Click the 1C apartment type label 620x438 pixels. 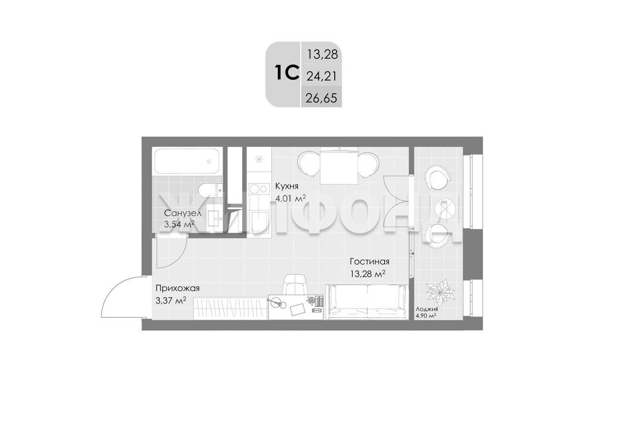coord(287,72)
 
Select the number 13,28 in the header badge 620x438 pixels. coord(323,55)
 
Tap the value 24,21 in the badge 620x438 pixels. coord(321,76)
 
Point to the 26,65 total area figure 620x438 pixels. coord(321,98)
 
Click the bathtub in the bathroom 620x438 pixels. coord(187,162)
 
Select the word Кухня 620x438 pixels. coord(287,186)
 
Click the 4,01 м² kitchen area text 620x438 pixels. coord(290,198)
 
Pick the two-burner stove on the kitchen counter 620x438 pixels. coord(259,189)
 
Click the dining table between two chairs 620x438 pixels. coord(339,166)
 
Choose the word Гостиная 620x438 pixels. coord(370,261)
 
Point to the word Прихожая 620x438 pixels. coord(177,288)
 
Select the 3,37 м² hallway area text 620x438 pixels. coord(171,300)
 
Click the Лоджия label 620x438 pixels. coord(427,309)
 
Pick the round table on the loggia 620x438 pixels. coord(445,210)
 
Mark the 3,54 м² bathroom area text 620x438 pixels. coord(179,224)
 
